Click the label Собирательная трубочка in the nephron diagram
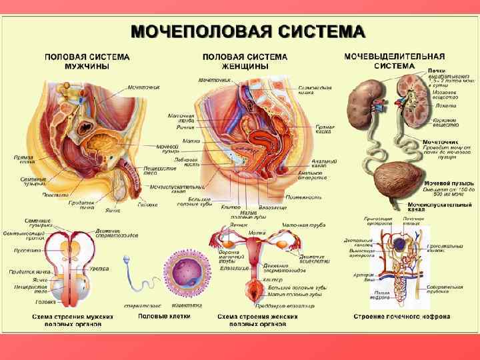[446, 289]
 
